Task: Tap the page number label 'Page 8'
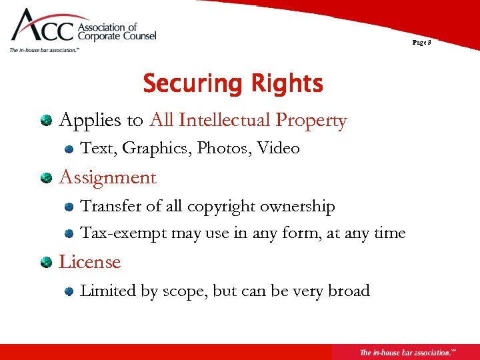pyautogui.click(x=421, y=42)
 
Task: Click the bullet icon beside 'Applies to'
pyautogui.click(x=45, y=121)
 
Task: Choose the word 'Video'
pyautogui.click(x=278, y=148)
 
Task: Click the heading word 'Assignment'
pyautogui.click(x=107, y=178)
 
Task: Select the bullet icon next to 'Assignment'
pyautogui.click(x=45, y=178)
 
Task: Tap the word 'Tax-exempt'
pyautogui.click(x=123, y=233)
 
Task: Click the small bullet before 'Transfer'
pyautogui.click(x=69, y=207)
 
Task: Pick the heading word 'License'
pyautogui.click(x=89, y=262)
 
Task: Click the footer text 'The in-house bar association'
pyautogui.click(x=403, y=352)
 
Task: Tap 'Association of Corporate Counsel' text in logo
pyautogui.click(x=117, y=33)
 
